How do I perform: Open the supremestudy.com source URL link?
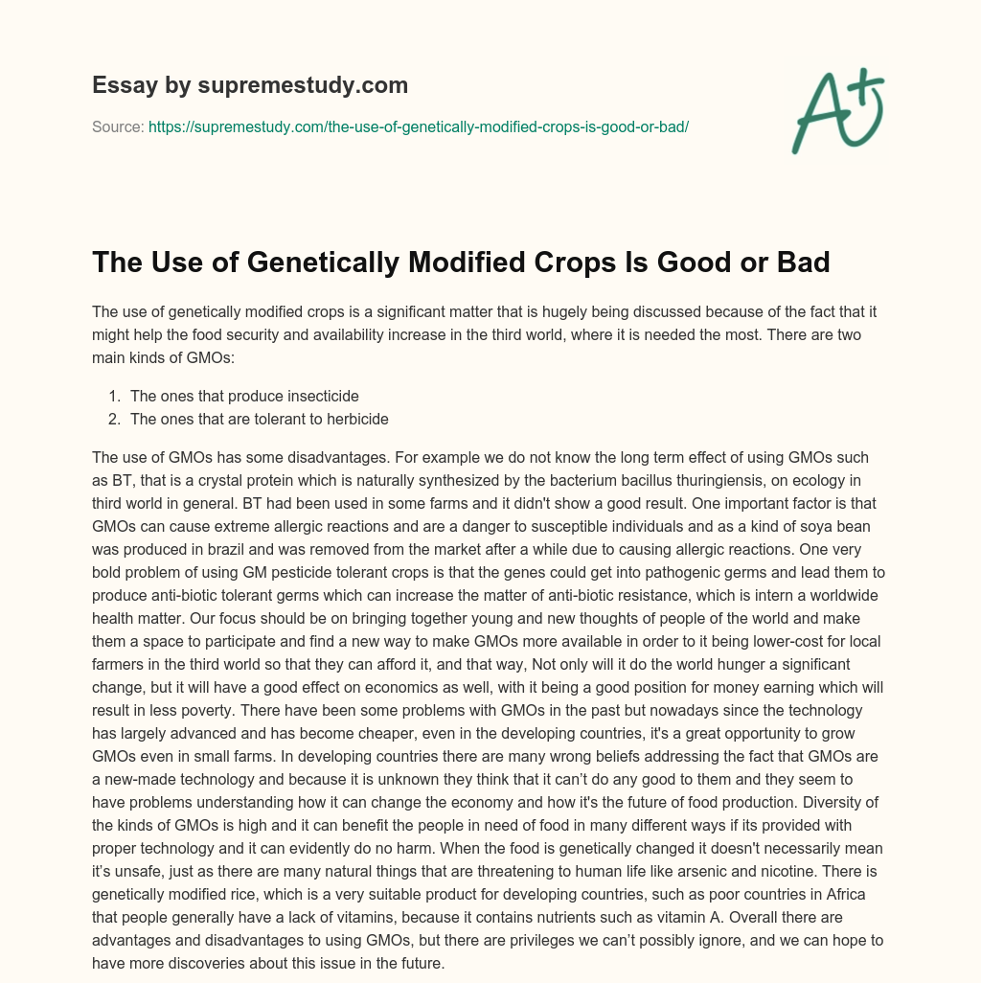(419, 126)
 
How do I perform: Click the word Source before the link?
(118, 126)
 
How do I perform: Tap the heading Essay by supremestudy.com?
(250, 85)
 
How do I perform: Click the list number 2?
(114, 418)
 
